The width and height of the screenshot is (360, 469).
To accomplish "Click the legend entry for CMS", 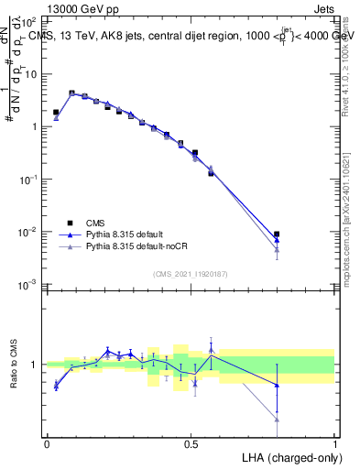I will pos(96,223).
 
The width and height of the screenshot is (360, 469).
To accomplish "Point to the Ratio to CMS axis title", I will pos(15,364).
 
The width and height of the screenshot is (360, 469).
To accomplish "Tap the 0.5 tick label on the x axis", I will pos(191,442).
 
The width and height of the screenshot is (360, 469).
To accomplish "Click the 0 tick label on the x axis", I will pos(47,442).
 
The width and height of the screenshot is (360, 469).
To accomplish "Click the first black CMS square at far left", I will pos(56,113).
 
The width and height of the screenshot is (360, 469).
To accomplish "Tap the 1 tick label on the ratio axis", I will pos(36,365).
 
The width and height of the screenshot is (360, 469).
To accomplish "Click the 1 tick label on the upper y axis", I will pos(36,126).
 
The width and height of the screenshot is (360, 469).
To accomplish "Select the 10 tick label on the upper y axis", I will pos(32,73).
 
